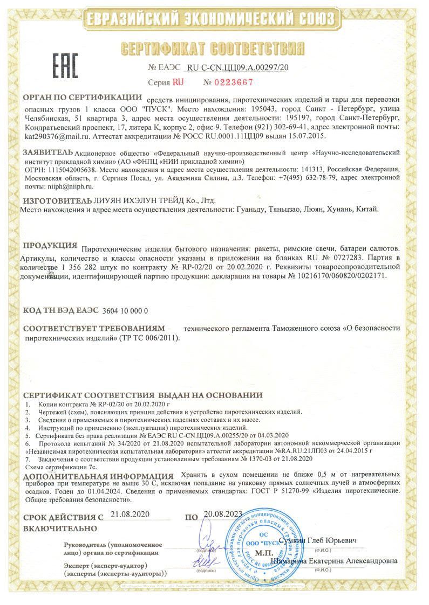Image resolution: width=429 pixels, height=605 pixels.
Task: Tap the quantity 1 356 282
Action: point(90,266)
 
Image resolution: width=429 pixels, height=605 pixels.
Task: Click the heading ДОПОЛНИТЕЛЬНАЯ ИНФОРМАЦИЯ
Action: point(98,476)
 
